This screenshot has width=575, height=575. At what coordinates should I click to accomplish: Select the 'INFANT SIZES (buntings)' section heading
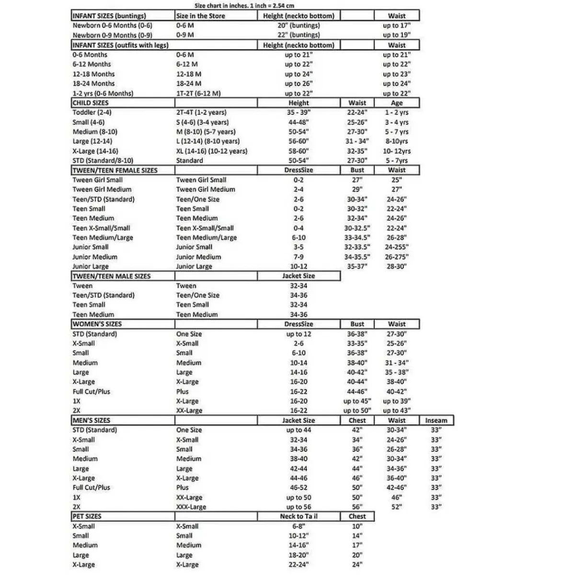[109, 16]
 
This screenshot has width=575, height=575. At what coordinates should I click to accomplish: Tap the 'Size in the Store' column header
[200, 16]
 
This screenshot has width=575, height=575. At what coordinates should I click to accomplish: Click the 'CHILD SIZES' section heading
[91, 103]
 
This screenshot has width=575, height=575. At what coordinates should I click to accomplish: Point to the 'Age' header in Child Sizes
[397, 103]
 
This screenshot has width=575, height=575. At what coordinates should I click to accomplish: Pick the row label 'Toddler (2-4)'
[92, 113]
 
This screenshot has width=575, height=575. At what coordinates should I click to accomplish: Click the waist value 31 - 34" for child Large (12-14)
[357, 141]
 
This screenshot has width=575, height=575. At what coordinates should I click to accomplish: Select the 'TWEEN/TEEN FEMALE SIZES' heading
[115, 170]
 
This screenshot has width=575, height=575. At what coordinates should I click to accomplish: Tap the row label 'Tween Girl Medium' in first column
[102, 189]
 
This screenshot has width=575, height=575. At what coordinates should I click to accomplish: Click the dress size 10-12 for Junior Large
[299, 266]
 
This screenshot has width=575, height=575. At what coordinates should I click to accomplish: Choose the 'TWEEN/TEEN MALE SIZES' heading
[112, 276]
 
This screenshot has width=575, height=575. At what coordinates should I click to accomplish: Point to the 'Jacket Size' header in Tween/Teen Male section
[299, 276]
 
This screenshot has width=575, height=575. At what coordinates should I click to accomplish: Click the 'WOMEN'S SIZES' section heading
[97, 324]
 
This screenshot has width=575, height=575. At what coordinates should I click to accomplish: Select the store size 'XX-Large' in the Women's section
[189, 411]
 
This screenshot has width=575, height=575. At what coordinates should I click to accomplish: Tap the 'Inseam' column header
[436, 420]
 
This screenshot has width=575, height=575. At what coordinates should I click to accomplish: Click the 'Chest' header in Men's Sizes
[357, 420]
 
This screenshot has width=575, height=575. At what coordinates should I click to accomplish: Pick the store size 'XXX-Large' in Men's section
[191, 507]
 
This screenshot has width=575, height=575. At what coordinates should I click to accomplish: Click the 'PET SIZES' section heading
[87, 517]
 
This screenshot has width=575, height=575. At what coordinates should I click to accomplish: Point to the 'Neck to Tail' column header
[299, 517]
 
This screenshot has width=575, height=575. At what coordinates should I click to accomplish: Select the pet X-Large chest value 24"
[357, 564]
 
